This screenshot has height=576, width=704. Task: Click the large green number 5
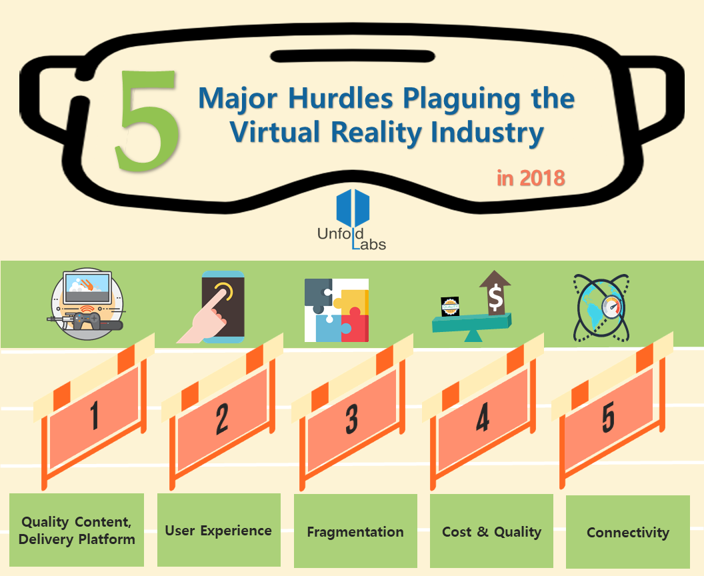[148, 120]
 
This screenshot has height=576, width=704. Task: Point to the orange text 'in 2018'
[531, 178]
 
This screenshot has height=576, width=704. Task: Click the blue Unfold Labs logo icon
[353, 208]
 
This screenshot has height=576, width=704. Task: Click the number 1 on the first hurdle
[94, 415]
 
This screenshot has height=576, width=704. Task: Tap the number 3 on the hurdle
[351, 419]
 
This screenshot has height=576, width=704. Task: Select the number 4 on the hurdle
[483, 418]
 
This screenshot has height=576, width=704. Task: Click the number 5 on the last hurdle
[608, 417]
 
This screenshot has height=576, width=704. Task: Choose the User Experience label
[219, 530]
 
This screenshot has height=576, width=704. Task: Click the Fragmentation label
[355, 531]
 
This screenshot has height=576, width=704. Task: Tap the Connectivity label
[628, 532]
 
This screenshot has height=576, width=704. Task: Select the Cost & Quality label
[491, 531]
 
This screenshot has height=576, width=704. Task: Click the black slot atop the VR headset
[353, 57]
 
